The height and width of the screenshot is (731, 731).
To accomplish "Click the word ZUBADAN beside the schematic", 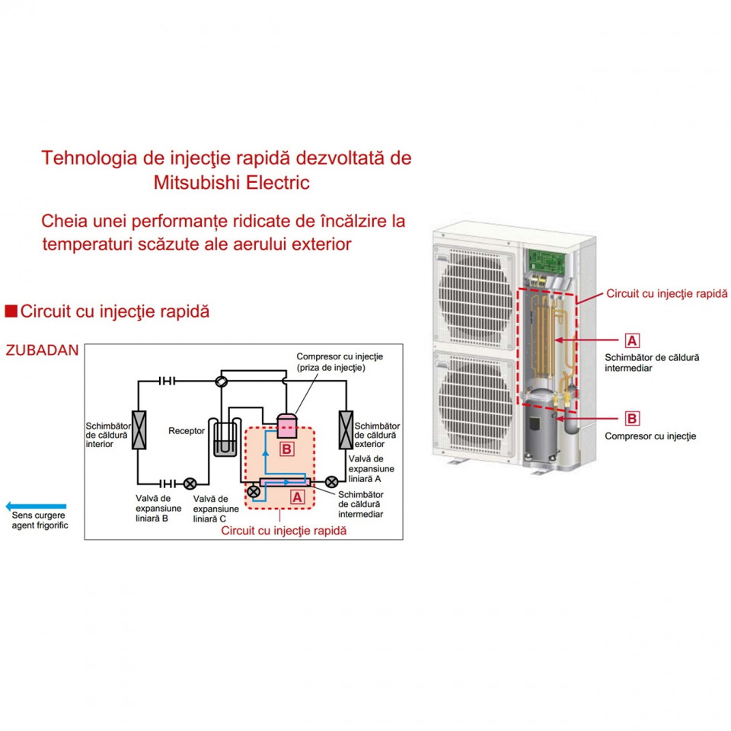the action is tap(42, 350).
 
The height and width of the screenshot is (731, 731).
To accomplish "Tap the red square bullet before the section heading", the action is tap(11, 311).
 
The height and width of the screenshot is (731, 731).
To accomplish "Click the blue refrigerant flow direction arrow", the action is tap(36, 506).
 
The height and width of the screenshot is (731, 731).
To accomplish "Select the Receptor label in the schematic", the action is tap(187, 431).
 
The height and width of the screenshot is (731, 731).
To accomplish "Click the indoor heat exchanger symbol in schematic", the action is tap(139, 429).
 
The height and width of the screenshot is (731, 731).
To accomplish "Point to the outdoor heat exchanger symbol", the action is tap(346, 429).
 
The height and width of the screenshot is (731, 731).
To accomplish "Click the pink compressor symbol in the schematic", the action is tap(287, 425).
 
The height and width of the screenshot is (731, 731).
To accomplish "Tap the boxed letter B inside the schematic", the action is tap(286, 449).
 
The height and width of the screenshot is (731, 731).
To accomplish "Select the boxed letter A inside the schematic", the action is tap(297, 497).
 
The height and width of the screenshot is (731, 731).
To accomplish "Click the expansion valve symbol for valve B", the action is tap(190, 484).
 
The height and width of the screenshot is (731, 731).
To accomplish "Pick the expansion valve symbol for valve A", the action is tap(331, 481).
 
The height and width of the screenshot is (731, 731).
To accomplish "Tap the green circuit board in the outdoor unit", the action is tap(546, 260).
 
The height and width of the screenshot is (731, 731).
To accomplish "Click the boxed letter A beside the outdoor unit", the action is tap(632, 340).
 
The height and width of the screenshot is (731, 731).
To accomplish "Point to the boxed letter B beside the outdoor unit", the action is tap(632, 418).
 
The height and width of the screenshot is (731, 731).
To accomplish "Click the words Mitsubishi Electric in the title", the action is tap(231, 182).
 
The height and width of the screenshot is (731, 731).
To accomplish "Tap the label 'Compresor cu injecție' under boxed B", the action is tap(650, 436).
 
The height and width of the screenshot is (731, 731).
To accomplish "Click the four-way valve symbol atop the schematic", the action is tap(222, 381).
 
